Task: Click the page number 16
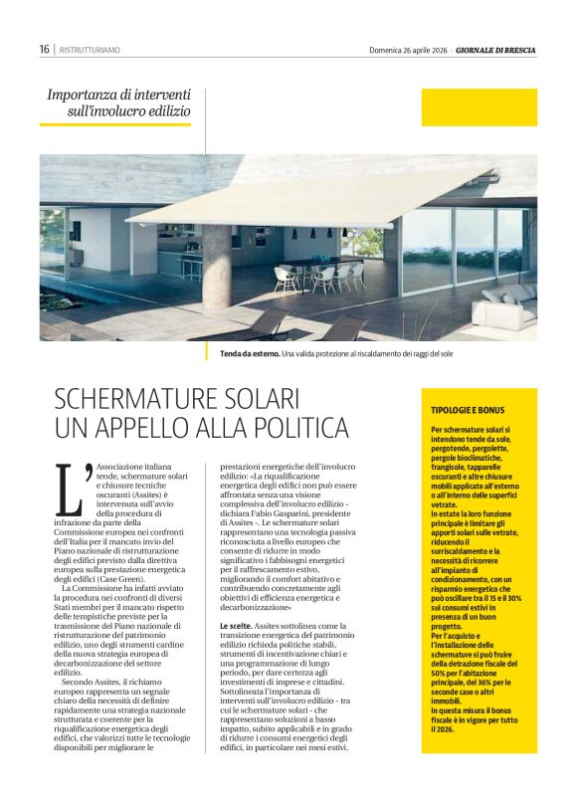pyautogui.click(x=45, y=49)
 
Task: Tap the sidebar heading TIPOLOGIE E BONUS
pyautogui.click(x=467, y=410)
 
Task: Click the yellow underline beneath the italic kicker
pyautogui.click(x=114, y=124)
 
